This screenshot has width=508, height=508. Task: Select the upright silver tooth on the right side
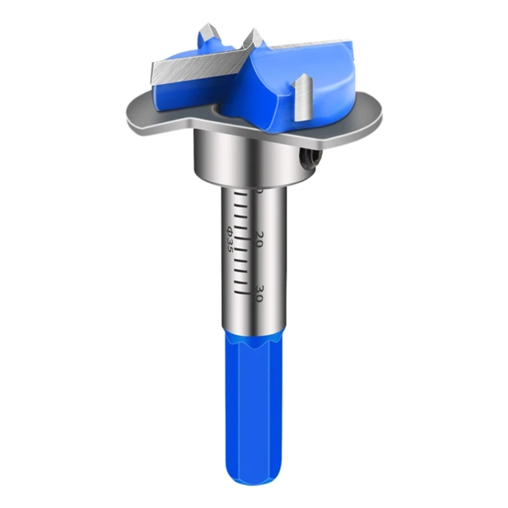tap(302, 96)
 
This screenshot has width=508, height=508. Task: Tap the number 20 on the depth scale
tap(259, 240)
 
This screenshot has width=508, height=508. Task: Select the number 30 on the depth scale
tap(259, 293)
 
